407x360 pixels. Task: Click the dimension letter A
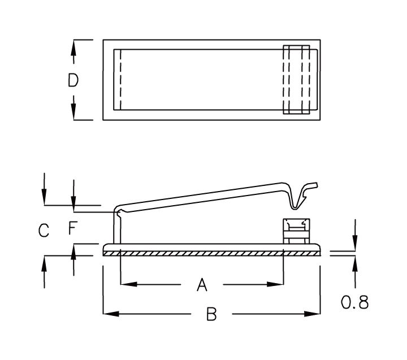pyautogui.click(x=202, y=285)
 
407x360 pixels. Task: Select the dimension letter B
pyautogui.click(x=211, y=315)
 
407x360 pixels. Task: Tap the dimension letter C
pyautogui.click(x=44, y=230)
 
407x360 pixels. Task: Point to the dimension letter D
pyautogui.click(x=73, y=80)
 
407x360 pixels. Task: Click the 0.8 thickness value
pyautogui.click(x=354, y=302)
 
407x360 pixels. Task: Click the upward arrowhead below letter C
pyautogui.click(x=44, y=262)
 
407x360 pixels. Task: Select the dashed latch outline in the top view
pyautogui.click(x=297, y=80)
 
